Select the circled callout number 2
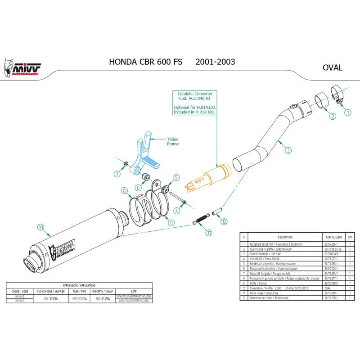click(x=333, y=117)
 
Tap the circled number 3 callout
click(x=288, y=151)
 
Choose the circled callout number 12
click(x=224, y=221)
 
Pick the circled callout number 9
click(x=171, y=223)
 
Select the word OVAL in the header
click(x=333, y=68)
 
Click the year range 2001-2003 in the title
click(x=215, y=62)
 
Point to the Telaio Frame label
click(x=173, y=141)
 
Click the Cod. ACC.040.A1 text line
click(x=194, y=99)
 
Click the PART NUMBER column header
click(x=333, y=237)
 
